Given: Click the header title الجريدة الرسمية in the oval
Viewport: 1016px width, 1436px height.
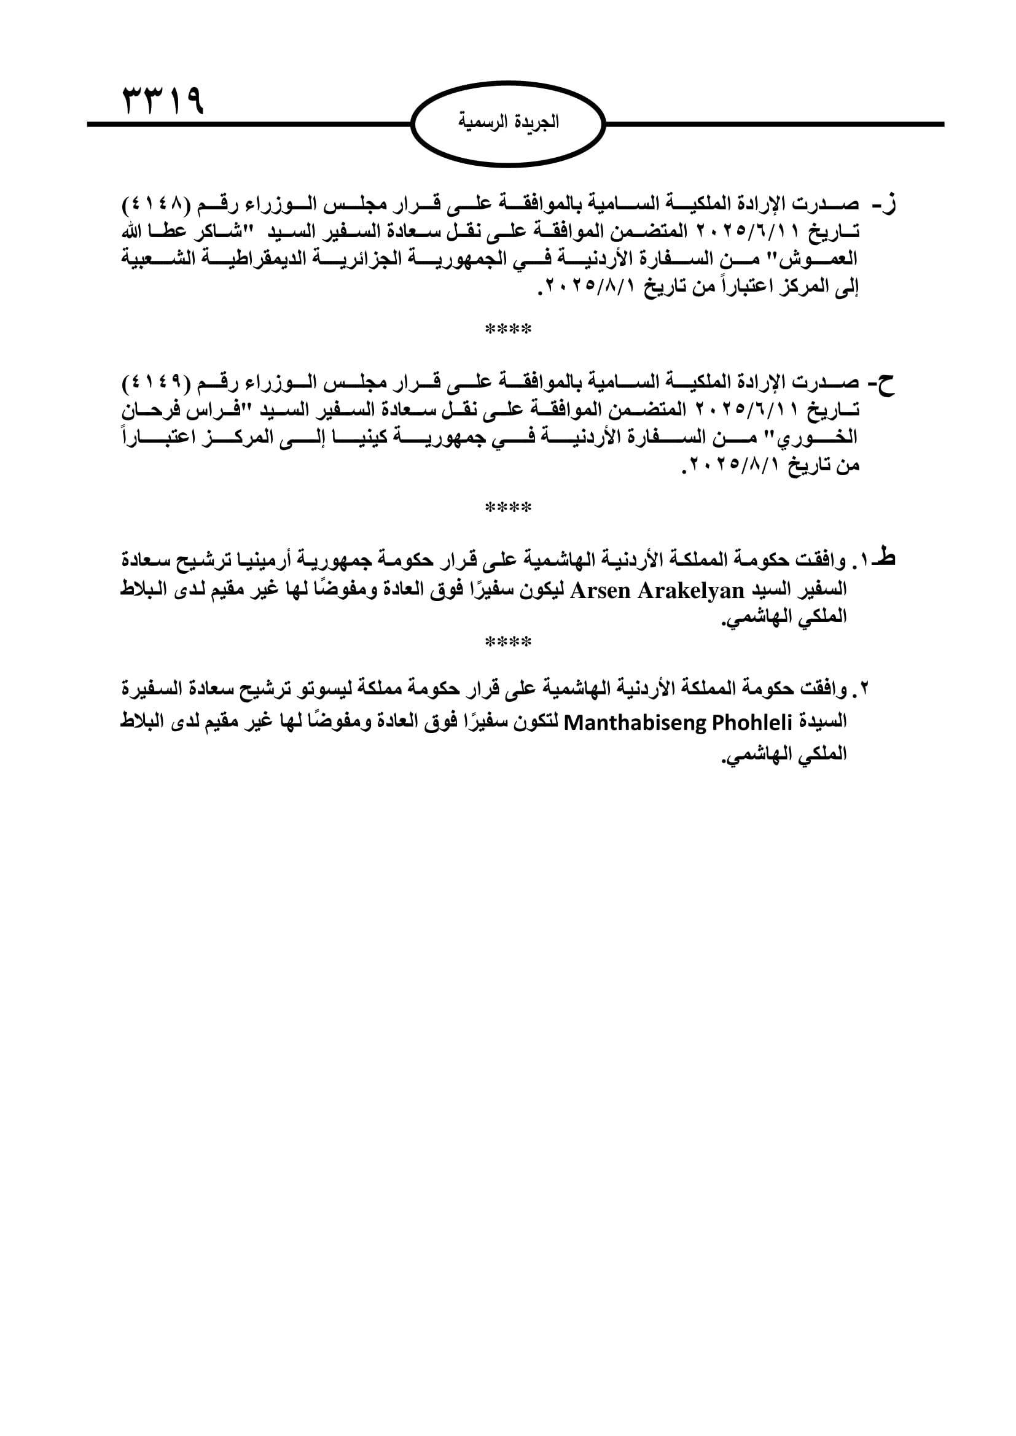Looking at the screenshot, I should coord(508,122).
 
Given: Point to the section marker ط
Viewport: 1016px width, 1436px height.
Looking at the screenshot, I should coord(886,557).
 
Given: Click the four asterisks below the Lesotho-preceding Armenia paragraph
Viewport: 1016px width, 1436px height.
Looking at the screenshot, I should coord(508,642).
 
